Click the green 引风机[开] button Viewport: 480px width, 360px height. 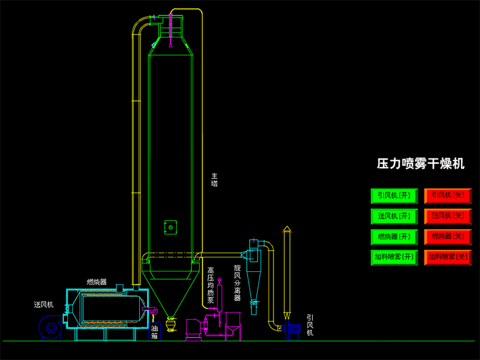(x=394, y=195)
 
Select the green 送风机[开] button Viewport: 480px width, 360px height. (x=394, y=216)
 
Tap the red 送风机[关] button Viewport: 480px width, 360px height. (x=448, y=216)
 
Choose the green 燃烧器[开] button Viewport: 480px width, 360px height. (x=394, y=237)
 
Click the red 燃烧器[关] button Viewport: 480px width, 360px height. (x=448, y=237)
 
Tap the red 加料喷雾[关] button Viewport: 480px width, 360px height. (x=448, y=257)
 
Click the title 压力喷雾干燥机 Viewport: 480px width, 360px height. (x=420, y=164)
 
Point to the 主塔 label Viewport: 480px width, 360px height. (x=214, y=180)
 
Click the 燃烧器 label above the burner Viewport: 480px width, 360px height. (x=97, y=282)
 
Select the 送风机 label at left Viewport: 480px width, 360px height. (x=44, y=305)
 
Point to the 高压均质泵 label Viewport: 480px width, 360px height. (x=210, y=285)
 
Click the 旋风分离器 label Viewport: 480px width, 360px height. (x=237, y=282)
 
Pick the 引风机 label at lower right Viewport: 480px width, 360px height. (x=310, y=325)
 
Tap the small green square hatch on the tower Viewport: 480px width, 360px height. (x=171, y=228)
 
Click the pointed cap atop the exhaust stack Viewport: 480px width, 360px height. (x=287, y=229)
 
